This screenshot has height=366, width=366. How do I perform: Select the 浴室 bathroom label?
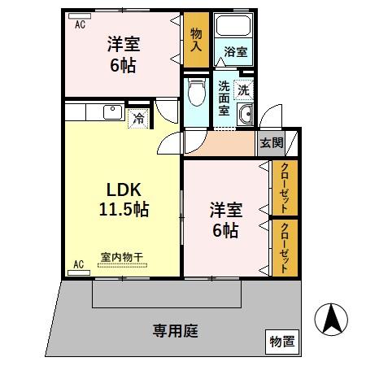(x=236, y=51)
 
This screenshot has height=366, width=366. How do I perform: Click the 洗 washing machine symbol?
(x=243, y=89)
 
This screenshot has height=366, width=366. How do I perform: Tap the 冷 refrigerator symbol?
(x=138, y=118)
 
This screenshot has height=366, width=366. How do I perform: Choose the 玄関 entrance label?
(x=271, y=142)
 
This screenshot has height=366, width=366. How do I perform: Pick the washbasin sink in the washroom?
(x=246, y=113)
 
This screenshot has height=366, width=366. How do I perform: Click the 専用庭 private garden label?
(x=176, y=331)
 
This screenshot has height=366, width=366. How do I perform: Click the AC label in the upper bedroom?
(x=80, y=24)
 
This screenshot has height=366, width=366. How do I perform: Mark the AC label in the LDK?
(x=80, y=264)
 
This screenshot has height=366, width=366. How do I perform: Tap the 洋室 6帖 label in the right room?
(x=225, y=220)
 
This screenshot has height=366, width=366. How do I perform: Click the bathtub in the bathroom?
(x=236, y=26)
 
